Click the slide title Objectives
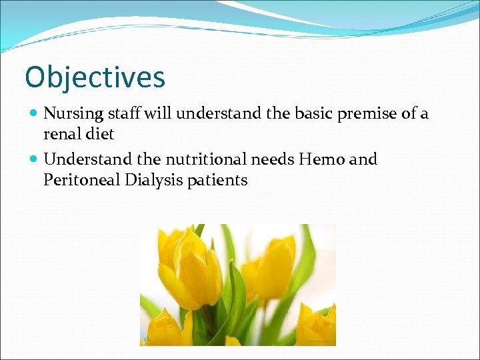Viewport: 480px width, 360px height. point(95,77)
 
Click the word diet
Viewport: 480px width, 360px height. point(100,134)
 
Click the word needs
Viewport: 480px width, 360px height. point(273,159)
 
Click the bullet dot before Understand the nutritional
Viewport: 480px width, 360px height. point(34,160)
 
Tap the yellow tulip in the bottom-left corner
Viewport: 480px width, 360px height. point(163,330)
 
